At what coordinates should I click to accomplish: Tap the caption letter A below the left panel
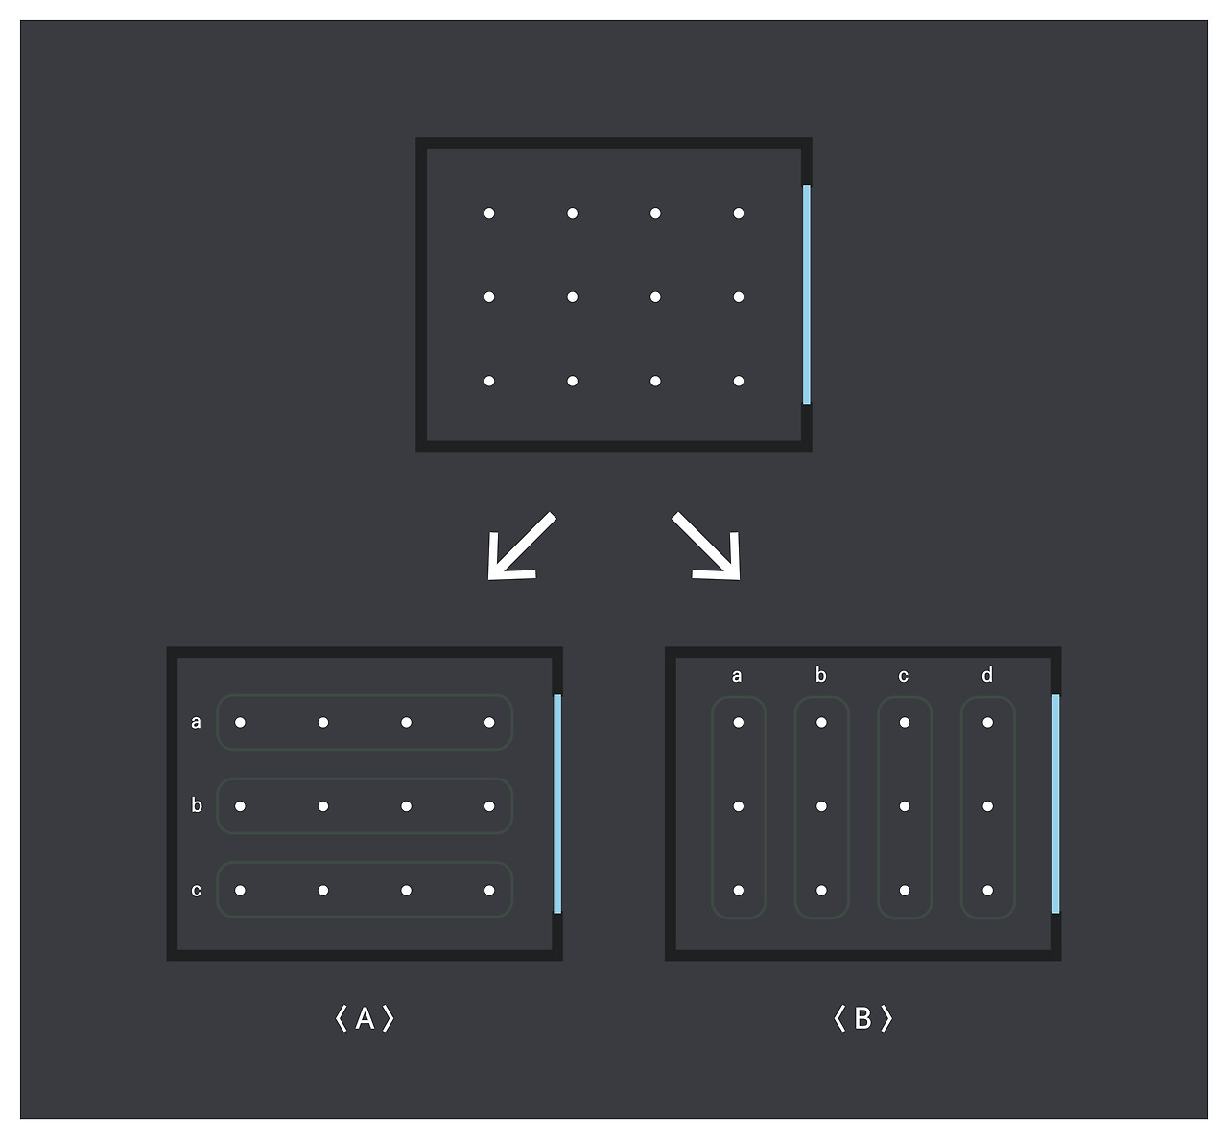(x=365, y=1018)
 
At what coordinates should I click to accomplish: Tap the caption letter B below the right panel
(x=862, y=1018)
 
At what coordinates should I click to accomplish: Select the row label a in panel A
(x=197, y=722)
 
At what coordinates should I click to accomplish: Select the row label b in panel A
(x=197, y=805)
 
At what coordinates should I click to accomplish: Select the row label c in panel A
(x=197, y=890)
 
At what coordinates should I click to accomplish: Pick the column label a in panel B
(x=737, y=676)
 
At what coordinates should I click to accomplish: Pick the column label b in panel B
(x=820, y=676)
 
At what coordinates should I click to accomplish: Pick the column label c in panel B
(x=904, y=676)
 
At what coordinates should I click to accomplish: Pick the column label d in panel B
(x=987, y=676)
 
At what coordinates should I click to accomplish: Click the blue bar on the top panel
(x=807, y=295)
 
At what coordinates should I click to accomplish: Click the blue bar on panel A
(x=557, y=803)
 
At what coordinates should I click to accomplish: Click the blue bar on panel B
(x=1056, y=803)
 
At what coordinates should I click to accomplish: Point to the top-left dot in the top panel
(x=489, y=213)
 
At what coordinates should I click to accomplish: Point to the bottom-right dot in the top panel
(x=739, y=381)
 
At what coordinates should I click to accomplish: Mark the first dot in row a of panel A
(x=240, y=722)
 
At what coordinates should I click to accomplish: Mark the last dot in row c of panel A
(x=489, y=890)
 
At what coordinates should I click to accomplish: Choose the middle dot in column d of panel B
(x=988, y=806)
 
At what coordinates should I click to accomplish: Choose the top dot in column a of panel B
(x=739, y=722)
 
